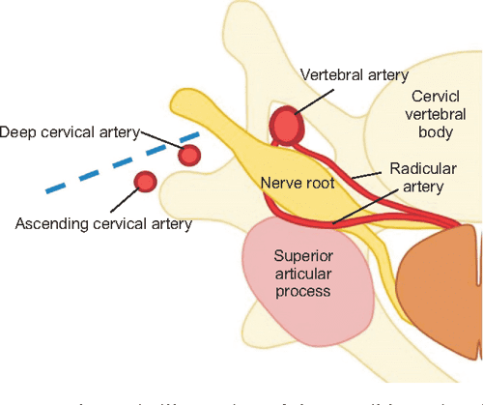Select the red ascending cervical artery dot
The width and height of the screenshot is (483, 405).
pyautogui.click(x=146, y=181)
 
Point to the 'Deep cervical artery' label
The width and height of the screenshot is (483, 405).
pyautogui.click(x=71, y=131)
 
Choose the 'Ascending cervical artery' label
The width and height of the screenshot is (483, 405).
pyautogui.click(x=104, y=224)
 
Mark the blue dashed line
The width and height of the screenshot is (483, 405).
pyautogui.click(x=121, y=162)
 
